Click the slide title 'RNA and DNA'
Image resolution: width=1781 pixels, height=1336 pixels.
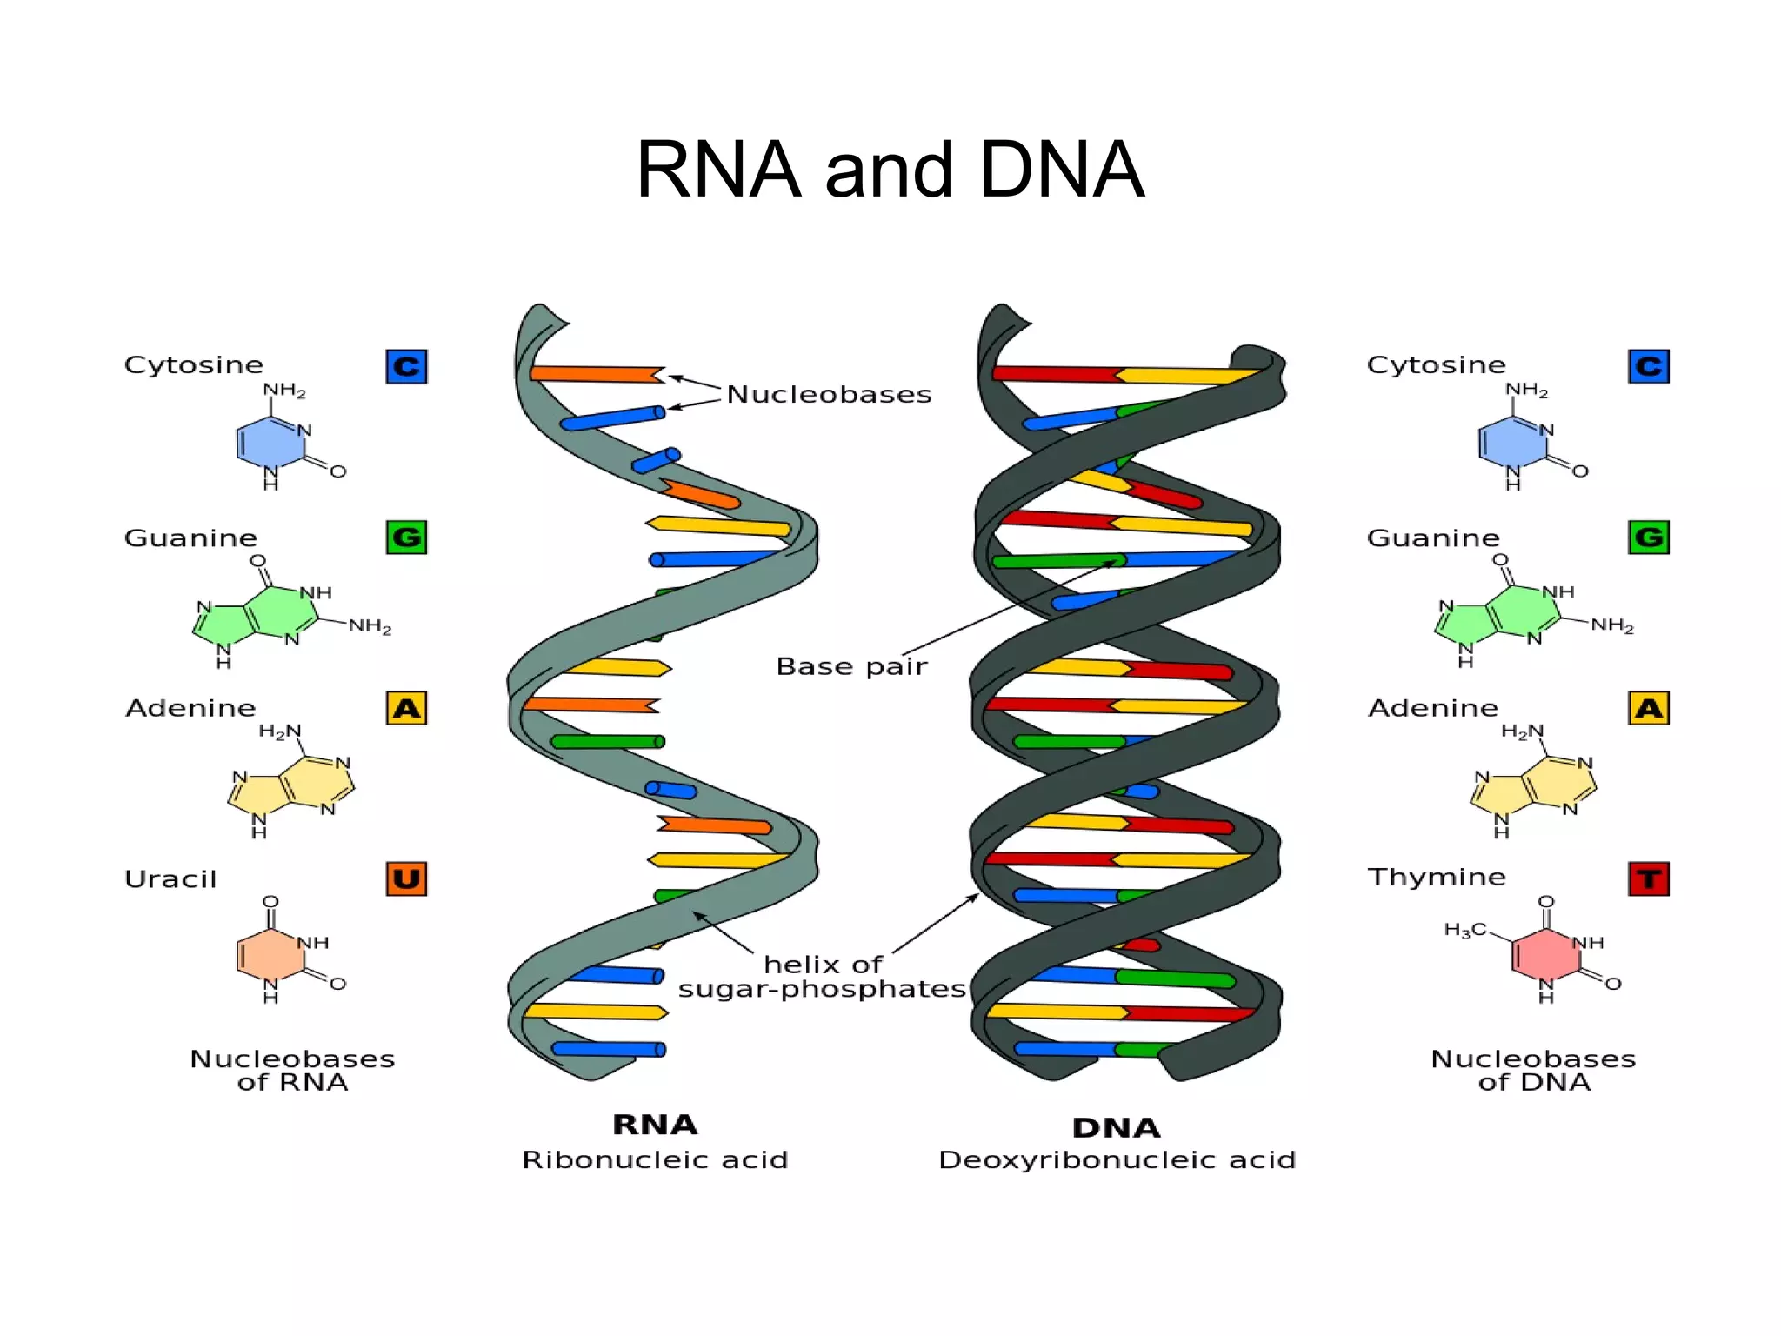[890, 170]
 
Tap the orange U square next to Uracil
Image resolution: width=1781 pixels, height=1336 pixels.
[406, 878]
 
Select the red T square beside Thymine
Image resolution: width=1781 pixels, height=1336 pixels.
[1648, 878]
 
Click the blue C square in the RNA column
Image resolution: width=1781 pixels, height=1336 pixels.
[406, 366]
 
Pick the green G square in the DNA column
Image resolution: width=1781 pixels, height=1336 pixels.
[1648, 537]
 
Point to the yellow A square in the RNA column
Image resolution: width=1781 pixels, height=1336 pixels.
[406, 708]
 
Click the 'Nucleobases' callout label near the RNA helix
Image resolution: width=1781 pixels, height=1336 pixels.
[829, 395]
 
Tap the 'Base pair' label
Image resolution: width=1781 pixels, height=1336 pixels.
[851, 666]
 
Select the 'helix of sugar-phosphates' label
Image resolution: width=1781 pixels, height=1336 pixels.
[822, 977]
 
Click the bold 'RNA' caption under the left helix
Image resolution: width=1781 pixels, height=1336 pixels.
[655, 1125]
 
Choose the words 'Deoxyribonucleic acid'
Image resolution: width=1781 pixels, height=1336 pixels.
[1117, 1160]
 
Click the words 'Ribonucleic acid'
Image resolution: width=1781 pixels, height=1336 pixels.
[655, 1160]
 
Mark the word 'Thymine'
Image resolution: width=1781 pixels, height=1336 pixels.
[1436, 877]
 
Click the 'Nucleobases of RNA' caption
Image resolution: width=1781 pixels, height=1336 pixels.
[292, 1071]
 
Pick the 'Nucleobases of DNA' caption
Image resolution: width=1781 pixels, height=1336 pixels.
[1533, 1071]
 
